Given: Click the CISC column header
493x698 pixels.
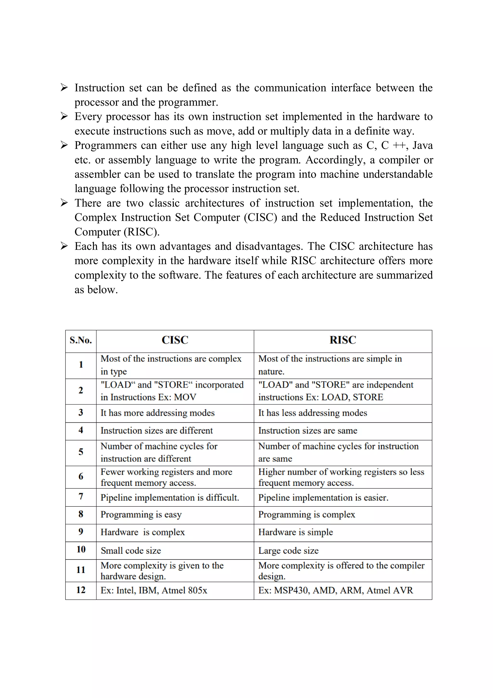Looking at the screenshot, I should point(175,340).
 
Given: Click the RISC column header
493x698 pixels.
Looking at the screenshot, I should point(343,340).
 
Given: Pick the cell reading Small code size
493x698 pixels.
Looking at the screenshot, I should point(131,551).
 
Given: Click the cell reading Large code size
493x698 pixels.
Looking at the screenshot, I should point(288,551).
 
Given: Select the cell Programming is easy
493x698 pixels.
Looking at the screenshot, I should point(141,514).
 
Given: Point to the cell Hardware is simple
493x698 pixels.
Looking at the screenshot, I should point(296,532).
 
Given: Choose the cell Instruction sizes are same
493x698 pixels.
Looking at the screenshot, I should point(307,431).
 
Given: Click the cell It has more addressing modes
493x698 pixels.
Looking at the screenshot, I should point(157,413).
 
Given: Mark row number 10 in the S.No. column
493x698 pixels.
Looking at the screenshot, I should point(81,549).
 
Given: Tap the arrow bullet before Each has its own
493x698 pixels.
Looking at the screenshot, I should point(64,246).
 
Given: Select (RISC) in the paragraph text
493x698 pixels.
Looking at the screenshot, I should point(141,232).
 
